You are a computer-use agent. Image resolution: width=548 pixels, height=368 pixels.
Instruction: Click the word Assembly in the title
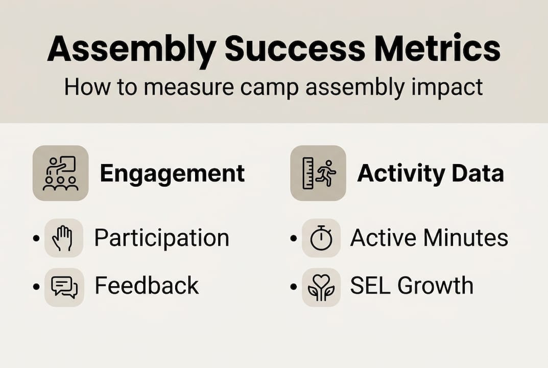131,50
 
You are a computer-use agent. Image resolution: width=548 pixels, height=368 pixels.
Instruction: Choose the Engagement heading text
172,174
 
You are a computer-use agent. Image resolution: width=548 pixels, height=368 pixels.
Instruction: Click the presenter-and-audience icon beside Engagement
60,173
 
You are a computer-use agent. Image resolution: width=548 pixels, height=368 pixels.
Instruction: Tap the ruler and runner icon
318,173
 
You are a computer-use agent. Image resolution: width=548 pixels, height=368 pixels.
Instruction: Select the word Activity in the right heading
401,174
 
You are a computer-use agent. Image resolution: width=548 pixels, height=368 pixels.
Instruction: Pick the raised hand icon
63,238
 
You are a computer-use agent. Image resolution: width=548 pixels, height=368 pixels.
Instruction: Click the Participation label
161,238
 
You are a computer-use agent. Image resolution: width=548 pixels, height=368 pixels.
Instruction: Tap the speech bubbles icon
64,287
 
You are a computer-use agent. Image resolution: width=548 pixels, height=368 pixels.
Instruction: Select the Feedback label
147,286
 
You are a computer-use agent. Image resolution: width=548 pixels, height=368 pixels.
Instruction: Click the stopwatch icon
321,238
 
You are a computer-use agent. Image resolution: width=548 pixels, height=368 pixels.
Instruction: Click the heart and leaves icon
321,287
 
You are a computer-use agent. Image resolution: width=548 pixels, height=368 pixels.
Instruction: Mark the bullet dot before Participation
36,239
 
